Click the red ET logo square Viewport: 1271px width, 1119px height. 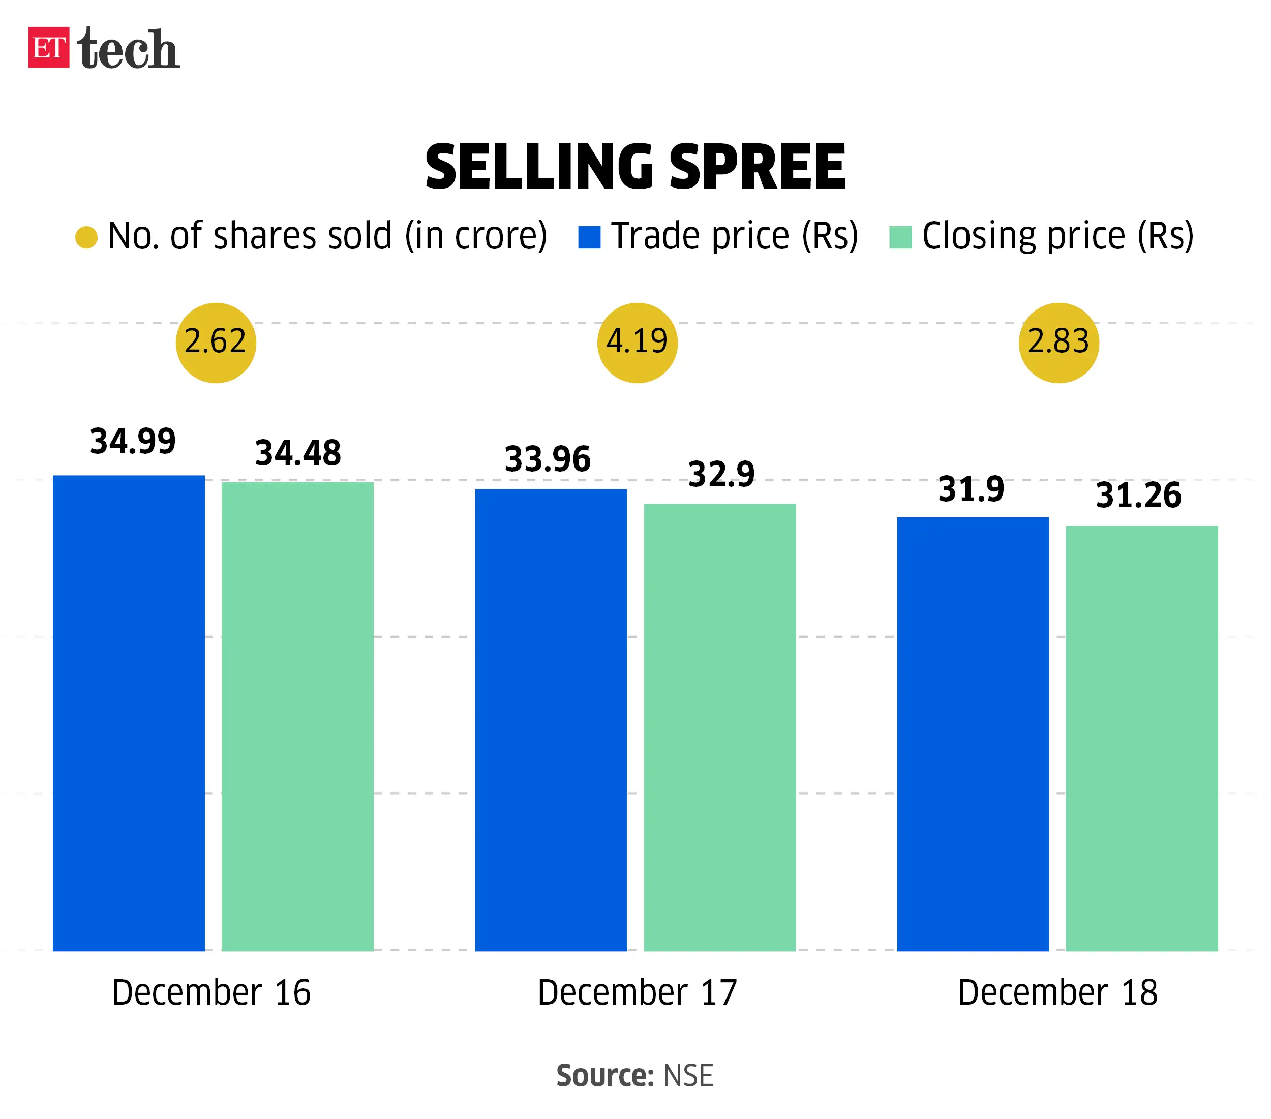[48, 47]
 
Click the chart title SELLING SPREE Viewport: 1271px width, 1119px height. [635, 167]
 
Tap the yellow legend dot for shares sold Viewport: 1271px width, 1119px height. [86, 237]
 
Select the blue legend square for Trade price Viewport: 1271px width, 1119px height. [589, 237]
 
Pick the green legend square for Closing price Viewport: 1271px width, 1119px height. [900, 237]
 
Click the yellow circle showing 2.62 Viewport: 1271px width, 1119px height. [216, 343]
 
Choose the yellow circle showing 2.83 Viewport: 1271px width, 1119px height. [1058, 343]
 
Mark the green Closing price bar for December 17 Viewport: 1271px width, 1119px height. [719, 727]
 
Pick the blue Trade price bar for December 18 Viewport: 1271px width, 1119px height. [973, 734]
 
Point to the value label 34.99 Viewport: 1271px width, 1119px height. [133, 442]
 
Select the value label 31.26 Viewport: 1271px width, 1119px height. [1138, 495]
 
